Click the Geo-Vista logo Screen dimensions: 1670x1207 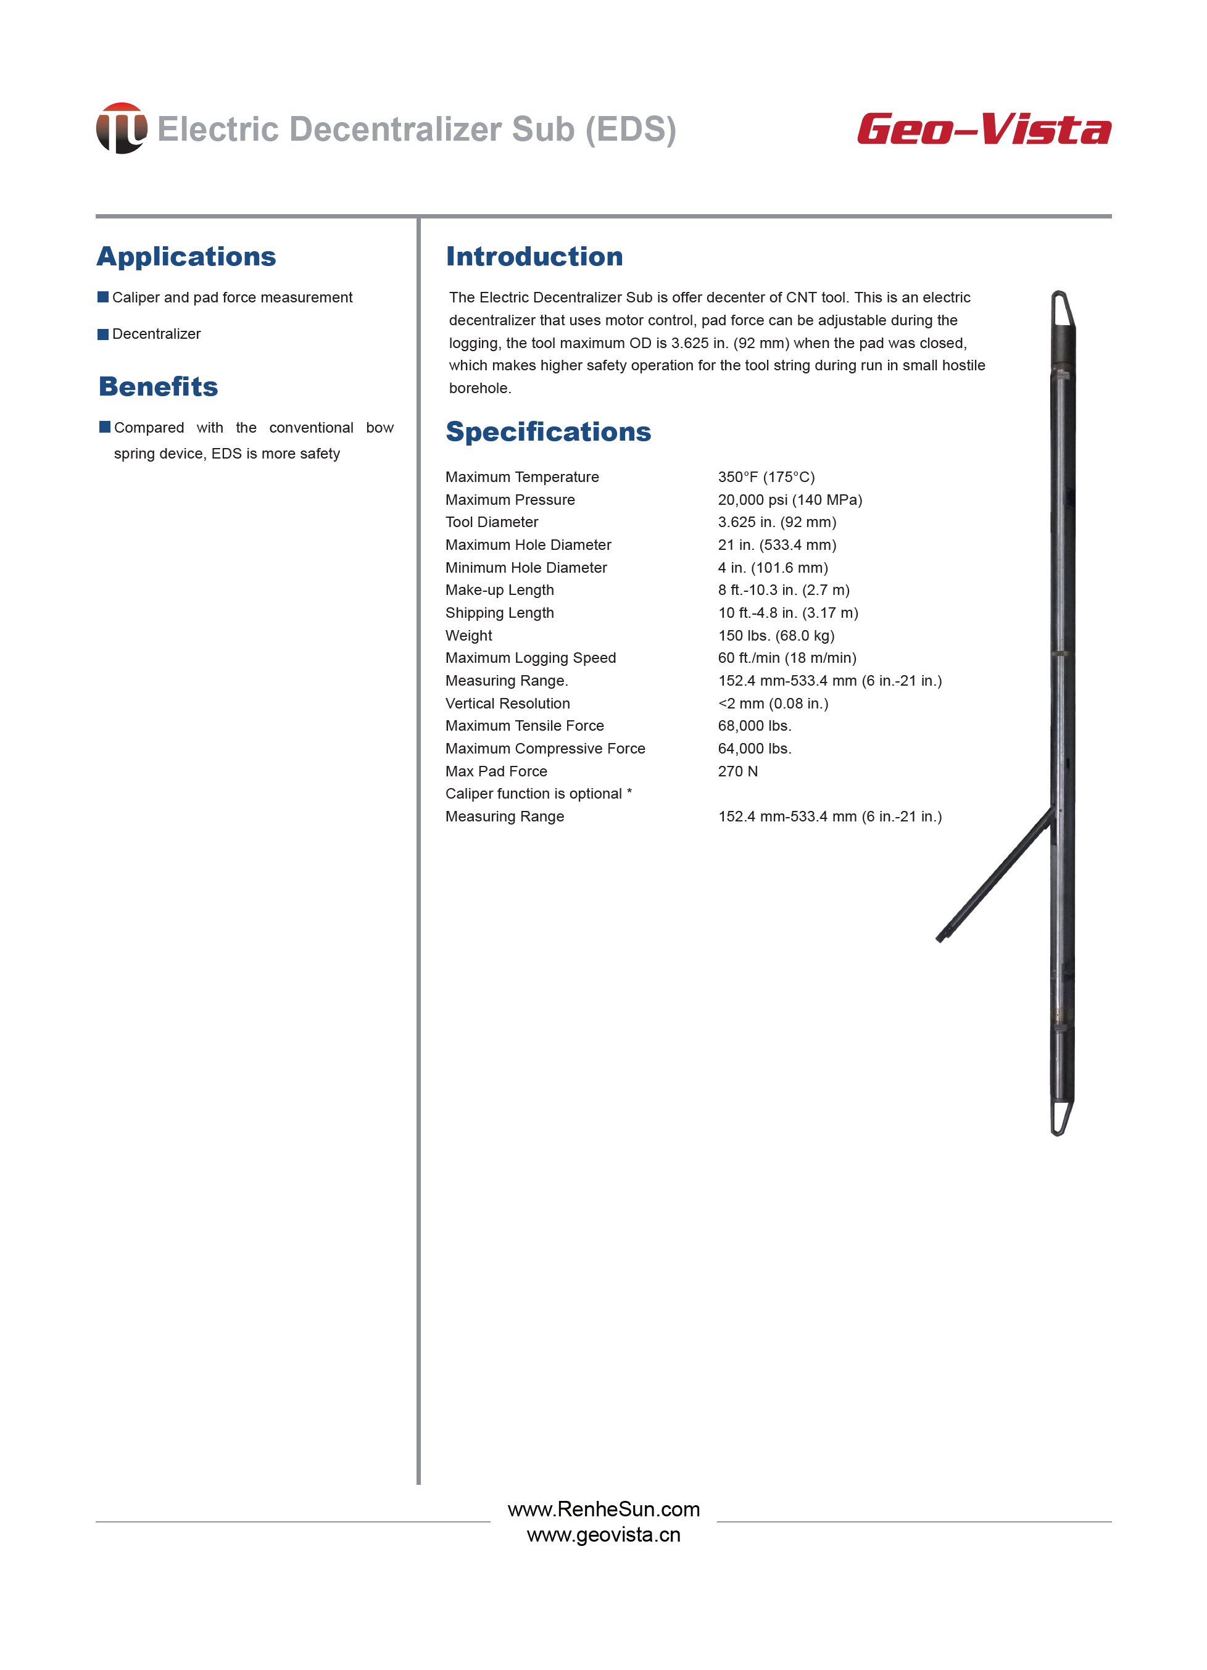point(983,130)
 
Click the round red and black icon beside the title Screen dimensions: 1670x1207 point(122,128)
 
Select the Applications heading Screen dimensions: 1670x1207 point(186,256)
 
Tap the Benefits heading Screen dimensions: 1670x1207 point(159,386)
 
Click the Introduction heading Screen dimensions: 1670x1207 point(534,256)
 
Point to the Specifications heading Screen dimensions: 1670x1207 point(548,431)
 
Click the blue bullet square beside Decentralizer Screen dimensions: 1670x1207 point(103,334)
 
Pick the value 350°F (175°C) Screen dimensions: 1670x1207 point(766,477)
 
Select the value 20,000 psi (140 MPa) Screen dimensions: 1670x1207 point(789,500)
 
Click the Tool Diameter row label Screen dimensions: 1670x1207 point(491,522)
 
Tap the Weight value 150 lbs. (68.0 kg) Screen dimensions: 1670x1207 point(776,636)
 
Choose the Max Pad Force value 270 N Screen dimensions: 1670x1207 point(737,771)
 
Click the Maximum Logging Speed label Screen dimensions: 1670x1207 point(530,657)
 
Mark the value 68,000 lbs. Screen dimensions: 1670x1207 point(754,726)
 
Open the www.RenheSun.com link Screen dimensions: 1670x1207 point(603,1509)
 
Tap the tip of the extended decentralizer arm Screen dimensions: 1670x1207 point(940,938)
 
